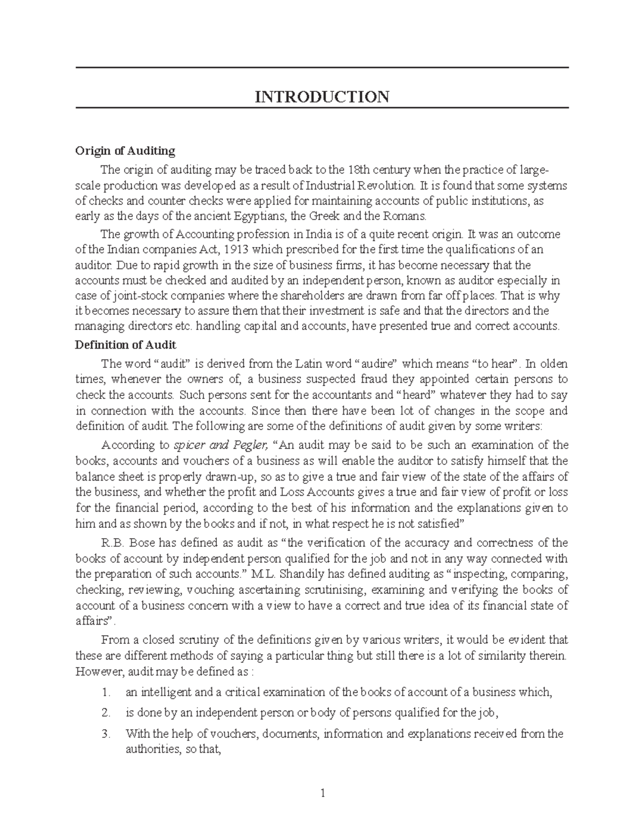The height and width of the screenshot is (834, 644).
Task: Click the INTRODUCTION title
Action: pyautogui.click(x=322, y=97)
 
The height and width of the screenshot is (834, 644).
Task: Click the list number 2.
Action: pyautogui.click(x=106, y=713)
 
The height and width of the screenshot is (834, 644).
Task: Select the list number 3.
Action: pyautogui.click(x=106, y=734)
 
